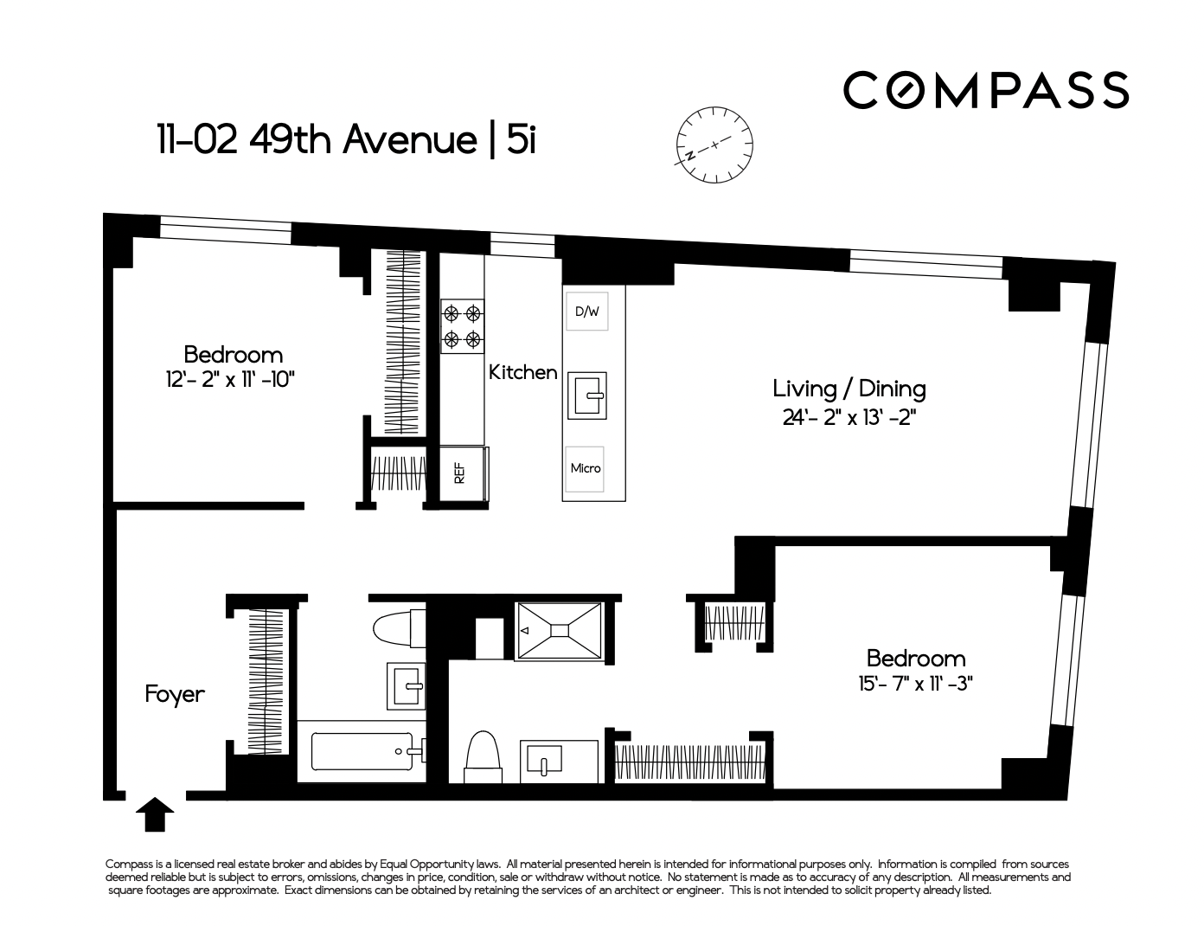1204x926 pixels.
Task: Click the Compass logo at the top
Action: (986, 90)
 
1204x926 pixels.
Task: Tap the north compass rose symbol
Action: (714, 145)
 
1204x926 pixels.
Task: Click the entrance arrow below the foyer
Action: (155, 814)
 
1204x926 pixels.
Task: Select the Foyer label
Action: (175, 695)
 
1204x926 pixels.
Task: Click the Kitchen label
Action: (523, 372)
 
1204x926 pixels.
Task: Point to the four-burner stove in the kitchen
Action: (462, 326)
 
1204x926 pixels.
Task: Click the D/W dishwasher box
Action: (586, 312)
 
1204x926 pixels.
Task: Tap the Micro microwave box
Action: (585, 469)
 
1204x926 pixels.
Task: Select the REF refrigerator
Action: (464, 473)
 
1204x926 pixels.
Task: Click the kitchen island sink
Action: (586, 395)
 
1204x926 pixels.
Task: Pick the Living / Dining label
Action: (849, 389)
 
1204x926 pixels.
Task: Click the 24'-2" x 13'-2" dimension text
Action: (849, 417)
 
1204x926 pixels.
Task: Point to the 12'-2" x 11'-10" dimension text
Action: (230, 380)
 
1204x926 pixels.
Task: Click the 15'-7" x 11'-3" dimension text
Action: (915, 684)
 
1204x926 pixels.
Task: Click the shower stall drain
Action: (560, 631)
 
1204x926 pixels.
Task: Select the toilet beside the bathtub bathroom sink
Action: (399, 628)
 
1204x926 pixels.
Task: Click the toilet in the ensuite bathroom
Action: (484, 757)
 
